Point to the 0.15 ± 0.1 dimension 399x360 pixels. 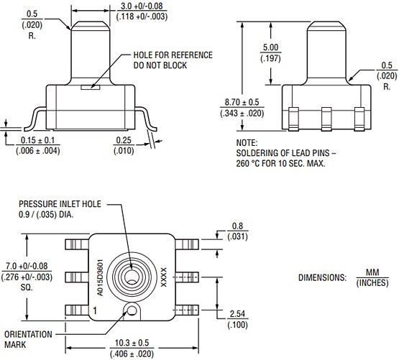point(38,141)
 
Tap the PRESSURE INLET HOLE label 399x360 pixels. point(55,203)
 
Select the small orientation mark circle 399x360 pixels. point(131,310)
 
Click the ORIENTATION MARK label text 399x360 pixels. point(28,338)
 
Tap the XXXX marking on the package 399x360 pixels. point(162,277)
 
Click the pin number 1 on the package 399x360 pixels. point(93,310)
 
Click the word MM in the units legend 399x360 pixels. point(372,272)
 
